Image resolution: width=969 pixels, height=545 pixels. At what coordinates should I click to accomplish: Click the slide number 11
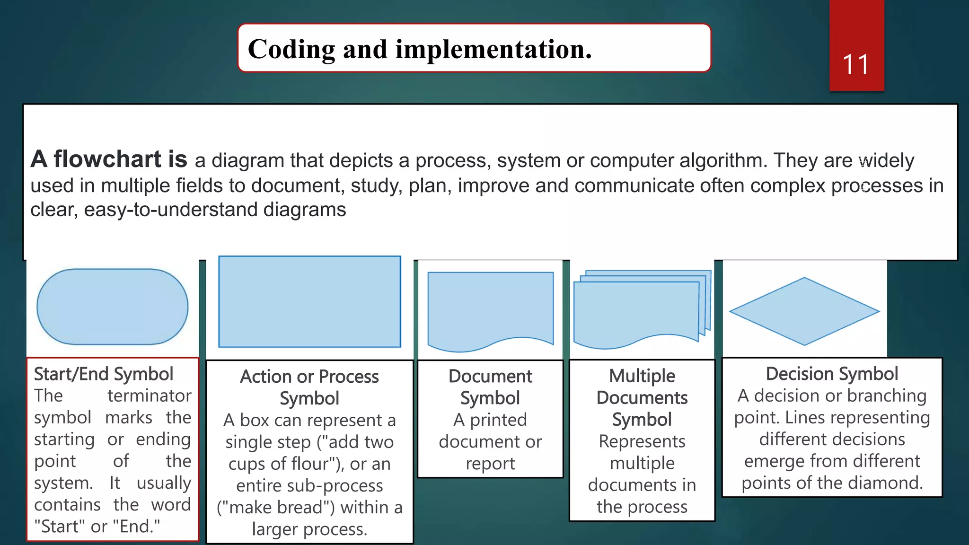click(x=855, y=65)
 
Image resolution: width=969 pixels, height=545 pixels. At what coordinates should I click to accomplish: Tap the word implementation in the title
click(x=493, y=49)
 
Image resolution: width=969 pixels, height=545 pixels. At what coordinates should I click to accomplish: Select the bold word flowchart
click(x=107, y=159)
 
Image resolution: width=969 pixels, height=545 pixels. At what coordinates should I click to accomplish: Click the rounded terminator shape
click(x=113, y=307)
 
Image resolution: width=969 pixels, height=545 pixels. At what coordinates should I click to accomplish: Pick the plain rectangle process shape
click(x=309, y=301)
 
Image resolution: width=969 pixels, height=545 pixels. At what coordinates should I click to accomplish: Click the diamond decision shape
click(x=804, y=311)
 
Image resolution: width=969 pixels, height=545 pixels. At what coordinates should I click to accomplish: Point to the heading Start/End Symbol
click(x=104, y=374)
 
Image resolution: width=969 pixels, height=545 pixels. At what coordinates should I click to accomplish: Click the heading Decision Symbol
click(x=832, y=374)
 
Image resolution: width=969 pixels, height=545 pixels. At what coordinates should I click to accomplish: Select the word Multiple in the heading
click(x=642, y=376)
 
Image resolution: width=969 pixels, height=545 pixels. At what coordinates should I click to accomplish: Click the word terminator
click(x=149, y=396)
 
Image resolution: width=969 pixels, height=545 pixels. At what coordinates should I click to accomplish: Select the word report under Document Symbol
click(x=490, y=464)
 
